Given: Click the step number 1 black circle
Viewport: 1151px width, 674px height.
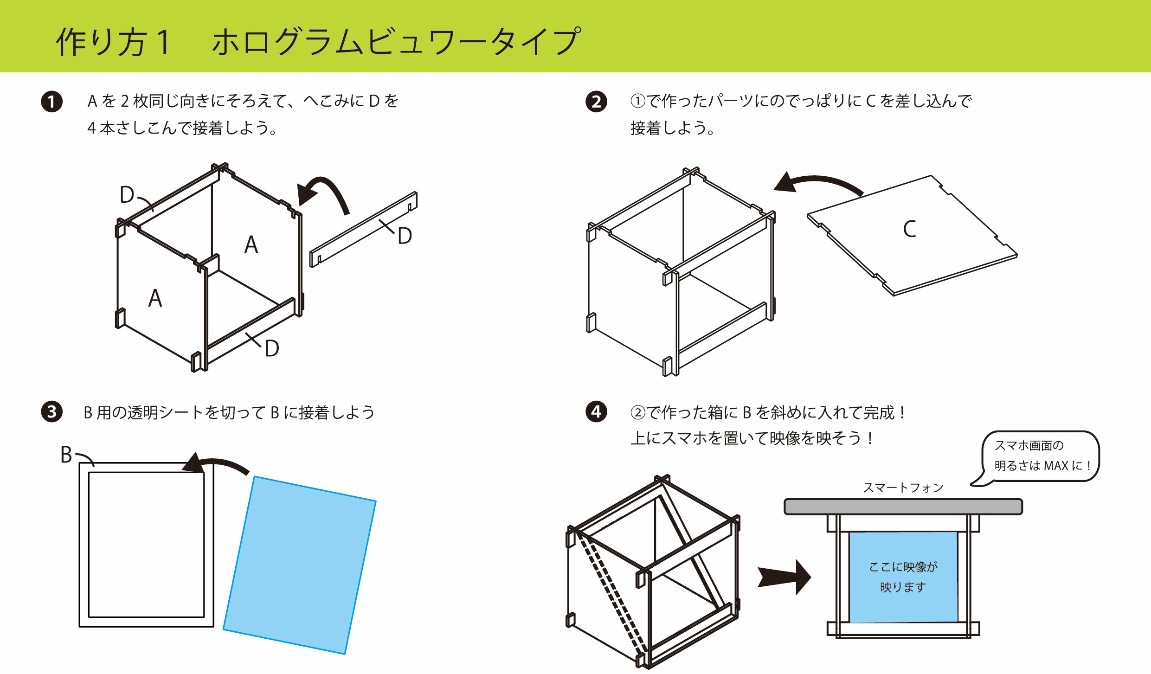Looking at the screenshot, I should tap(51, 102).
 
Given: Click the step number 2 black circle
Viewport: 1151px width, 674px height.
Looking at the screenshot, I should tap(596, 102).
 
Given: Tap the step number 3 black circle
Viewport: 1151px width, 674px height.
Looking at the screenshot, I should tap(51, 412).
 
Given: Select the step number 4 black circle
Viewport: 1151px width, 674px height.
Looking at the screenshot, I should tap(596, 412).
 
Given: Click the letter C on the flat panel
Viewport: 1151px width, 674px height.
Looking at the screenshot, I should tap(909, 229).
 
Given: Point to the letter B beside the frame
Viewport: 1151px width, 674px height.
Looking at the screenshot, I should tap(66, 455).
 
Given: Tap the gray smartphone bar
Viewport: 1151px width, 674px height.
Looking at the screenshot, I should tap(903, 507).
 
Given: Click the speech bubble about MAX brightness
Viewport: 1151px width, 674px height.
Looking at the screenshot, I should tap(1041, 456).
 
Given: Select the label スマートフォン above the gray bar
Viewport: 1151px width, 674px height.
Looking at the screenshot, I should tap(903, 488).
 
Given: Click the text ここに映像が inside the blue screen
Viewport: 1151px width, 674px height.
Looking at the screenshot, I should tap(903, 567).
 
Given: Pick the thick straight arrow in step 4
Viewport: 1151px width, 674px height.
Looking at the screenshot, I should tap(784, 578).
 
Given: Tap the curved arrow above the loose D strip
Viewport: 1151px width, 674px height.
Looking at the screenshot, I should tap(325, 193).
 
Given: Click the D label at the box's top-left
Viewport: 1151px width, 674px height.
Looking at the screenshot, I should tap(127, 195).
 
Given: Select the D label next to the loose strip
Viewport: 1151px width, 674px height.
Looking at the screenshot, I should tap(405, 236).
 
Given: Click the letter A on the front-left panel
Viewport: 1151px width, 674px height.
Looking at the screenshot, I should tap(155, 298).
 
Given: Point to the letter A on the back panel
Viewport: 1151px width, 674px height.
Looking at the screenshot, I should tap(251, 244).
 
